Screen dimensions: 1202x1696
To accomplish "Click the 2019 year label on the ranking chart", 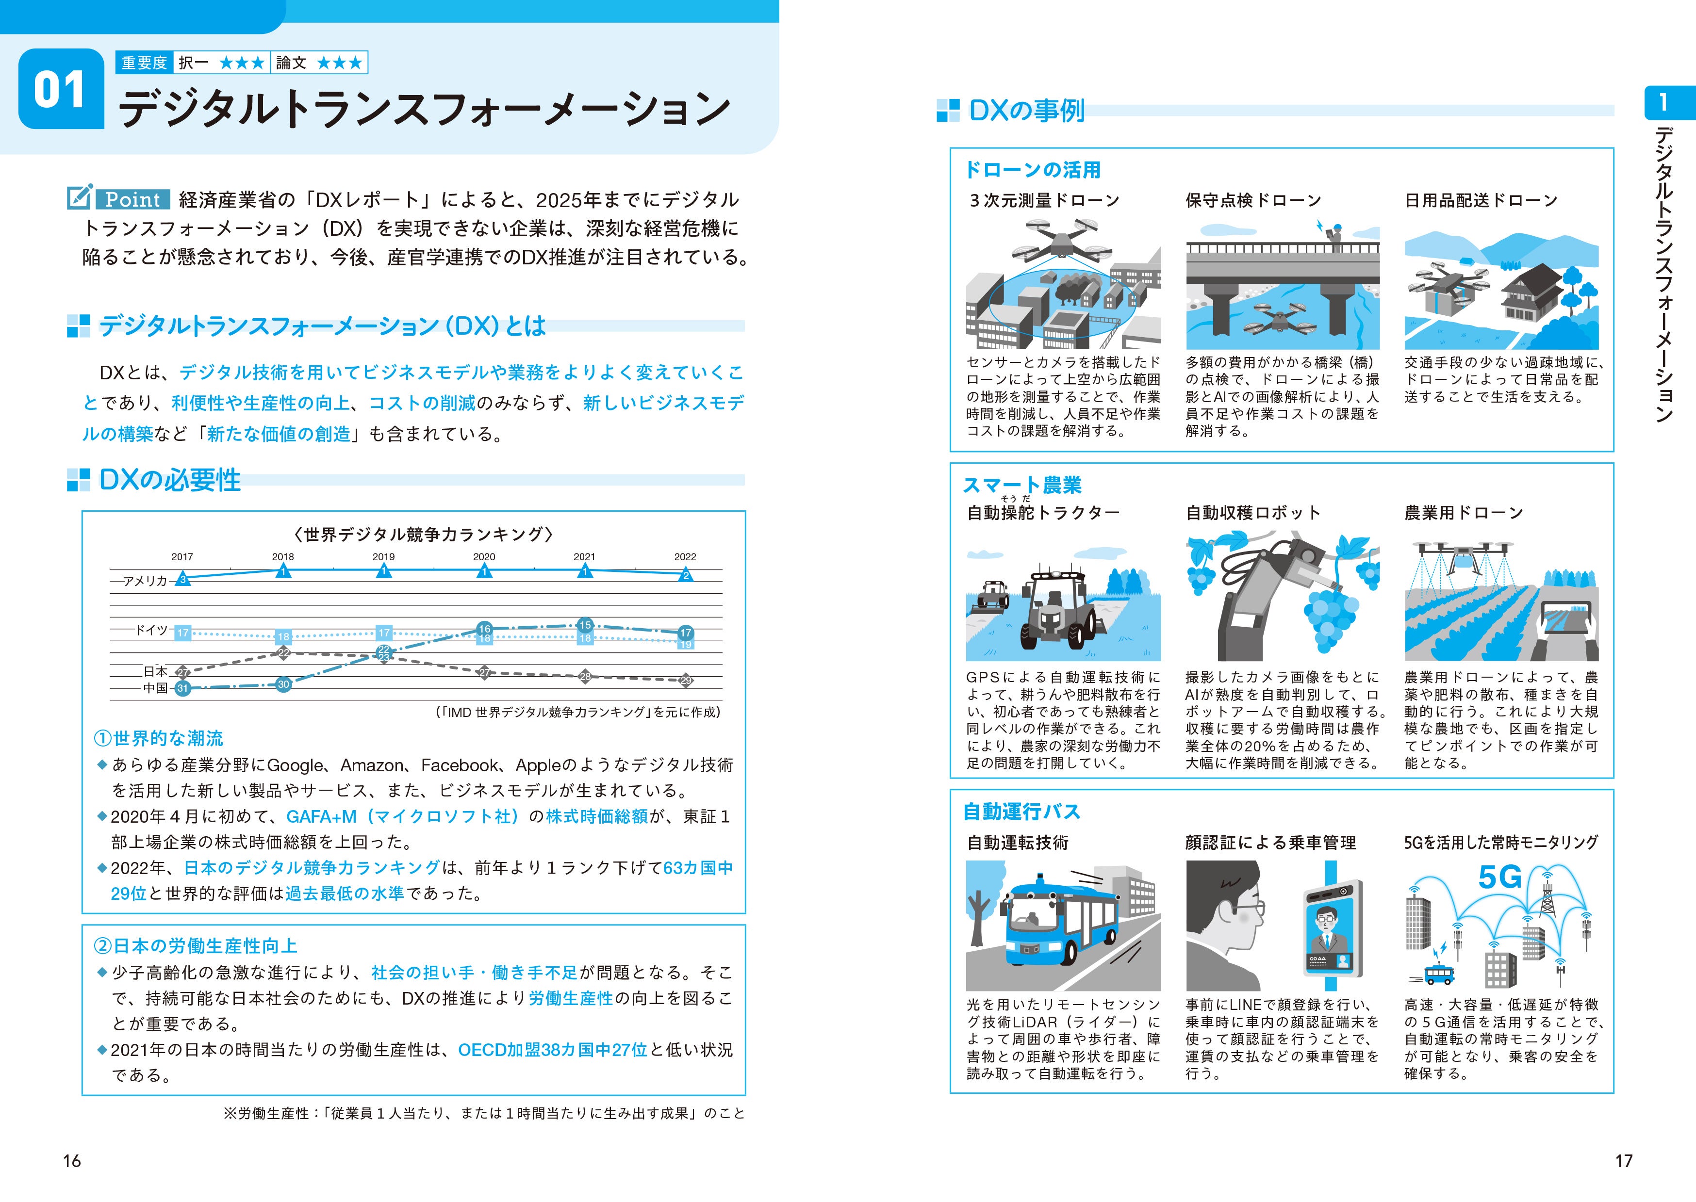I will coord(383,556).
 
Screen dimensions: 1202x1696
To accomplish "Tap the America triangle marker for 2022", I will coord(686,574).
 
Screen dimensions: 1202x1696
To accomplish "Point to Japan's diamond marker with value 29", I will coord(686,680).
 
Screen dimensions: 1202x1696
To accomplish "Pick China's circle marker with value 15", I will coord(585,625).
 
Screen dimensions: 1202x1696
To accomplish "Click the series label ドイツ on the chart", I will coord(151,630).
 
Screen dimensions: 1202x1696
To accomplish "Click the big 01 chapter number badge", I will coord(61,90).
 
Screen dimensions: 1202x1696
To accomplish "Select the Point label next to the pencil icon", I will coord(132,199).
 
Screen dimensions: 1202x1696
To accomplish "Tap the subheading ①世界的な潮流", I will coord(158,738).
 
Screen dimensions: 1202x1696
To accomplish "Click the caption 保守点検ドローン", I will coord(1252,201).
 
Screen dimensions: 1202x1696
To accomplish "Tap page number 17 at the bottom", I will coord(1623,1161).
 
